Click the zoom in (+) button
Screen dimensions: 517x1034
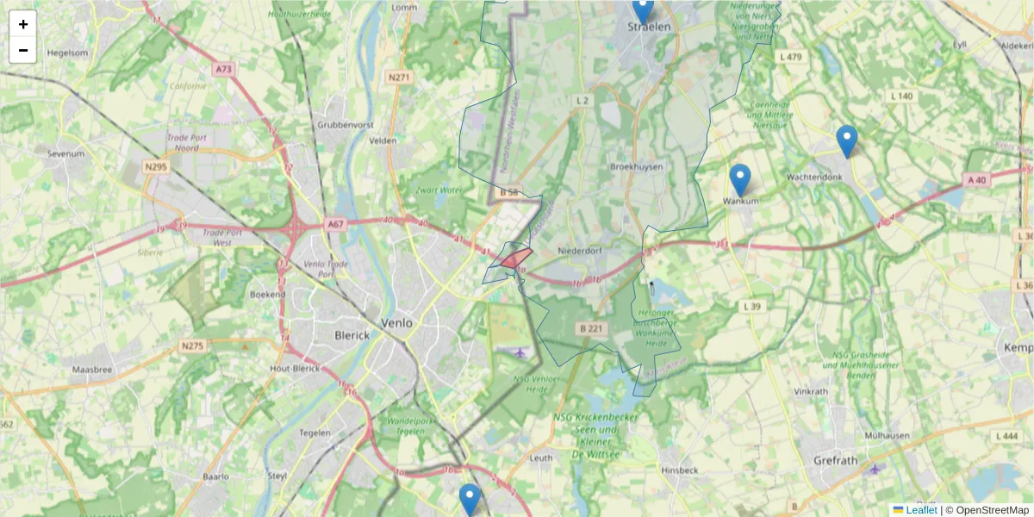[23, 24]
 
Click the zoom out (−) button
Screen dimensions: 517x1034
[23, 50]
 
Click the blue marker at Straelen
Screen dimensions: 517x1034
[643, 10]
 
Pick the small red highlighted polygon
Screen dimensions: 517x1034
[516, 258]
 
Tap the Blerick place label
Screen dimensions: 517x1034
[352, 335]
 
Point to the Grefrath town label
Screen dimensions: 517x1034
[836, 460]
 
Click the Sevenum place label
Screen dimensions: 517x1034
[65, 153]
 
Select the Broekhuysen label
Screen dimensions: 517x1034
[636, 166]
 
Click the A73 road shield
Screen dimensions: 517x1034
[225, 69]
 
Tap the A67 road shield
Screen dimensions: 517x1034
[335, 224]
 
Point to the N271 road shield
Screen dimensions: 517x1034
[398, 77]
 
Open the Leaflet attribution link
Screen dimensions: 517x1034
[920, 510]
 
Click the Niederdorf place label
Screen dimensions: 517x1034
[579, 252]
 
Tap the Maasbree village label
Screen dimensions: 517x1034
[92, 369]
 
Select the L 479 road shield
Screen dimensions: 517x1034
[789, 57]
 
